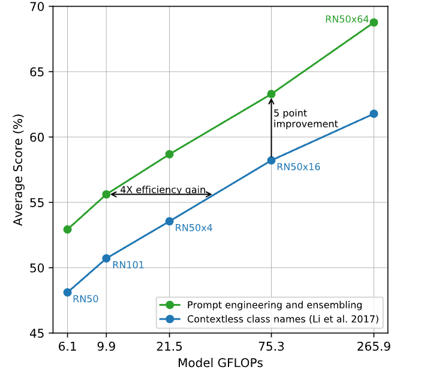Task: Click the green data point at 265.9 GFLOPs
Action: (x=374, y=22)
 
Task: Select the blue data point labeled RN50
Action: (x=67, y=293)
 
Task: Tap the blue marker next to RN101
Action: (x=106, y=258)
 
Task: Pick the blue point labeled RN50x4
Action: (x=170, y=221)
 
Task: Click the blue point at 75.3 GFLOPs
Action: (x=271, y=160)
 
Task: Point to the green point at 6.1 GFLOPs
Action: (x=67, y=229)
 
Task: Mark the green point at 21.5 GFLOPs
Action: (x=170, y=154)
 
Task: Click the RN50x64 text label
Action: (x=347, y=19)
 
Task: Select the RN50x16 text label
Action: (x=298, y=167)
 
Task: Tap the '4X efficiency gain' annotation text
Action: (x=159, y=190)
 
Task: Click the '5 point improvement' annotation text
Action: (x=305, y=118)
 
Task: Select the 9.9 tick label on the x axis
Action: (x=106, y=348)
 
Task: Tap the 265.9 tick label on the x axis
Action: (x=374, y=348)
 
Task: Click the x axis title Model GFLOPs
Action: (x=220, y=363)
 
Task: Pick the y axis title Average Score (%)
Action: (x=19, y=169)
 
